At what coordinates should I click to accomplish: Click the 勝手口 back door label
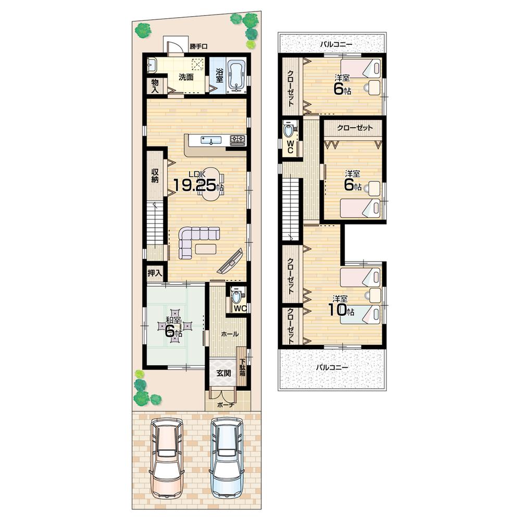coord(199,46)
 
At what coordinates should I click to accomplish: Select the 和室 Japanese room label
coord(173,319)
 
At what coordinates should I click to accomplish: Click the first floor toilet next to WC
coord(237,296)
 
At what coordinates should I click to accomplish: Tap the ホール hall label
coord(230,334)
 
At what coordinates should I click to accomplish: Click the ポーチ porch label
coord(227,404)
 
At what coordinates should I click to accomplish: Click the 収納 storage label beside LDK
coord(155,176)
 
